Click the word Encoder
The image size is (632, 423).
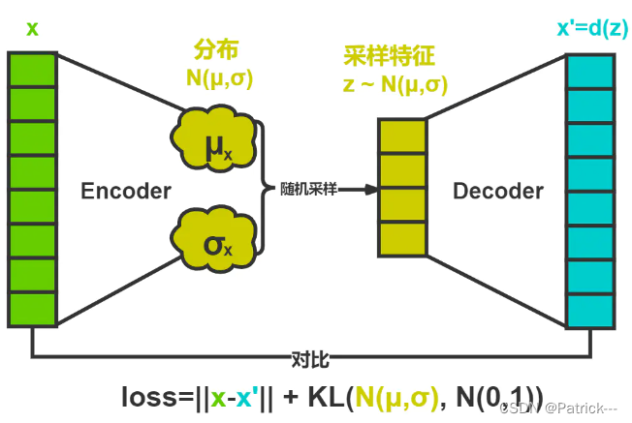coord(126,191)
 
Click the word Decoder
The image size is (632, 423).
coord(498,191)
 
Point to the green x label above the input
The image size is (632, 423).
coord(32,28)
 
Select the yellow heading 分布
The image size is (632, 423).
coord(216,50)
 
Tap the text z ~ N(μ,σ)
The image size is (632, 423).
coord(395,84)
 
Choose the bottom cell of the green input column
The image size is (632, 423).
coord(32,307)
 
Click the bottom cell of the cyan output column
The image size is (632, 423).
coord(590,309)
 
